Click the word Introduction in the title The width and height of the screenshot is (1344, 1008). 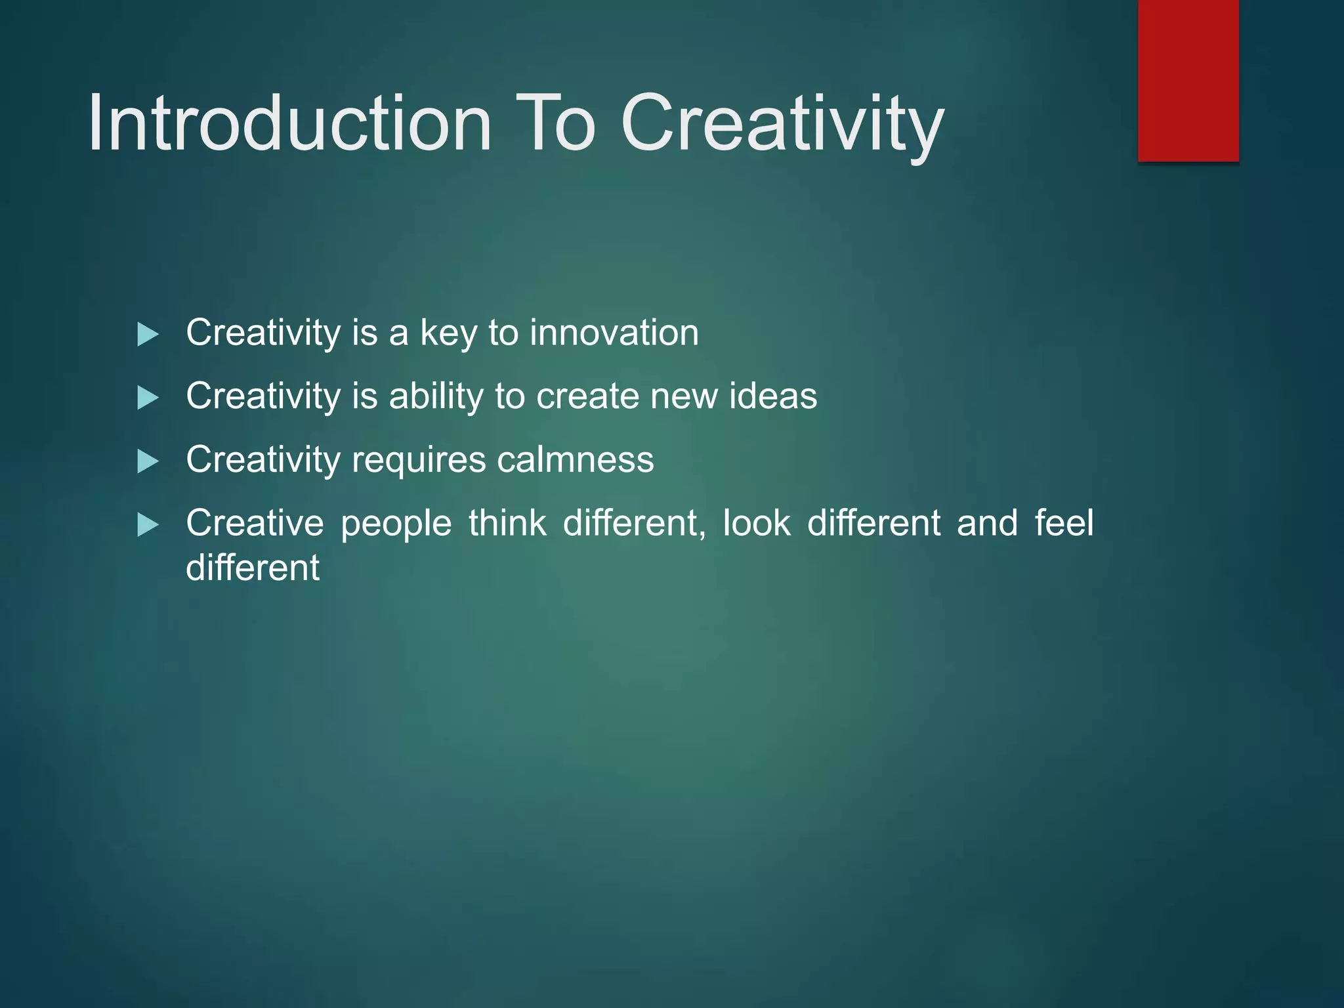point(289,123)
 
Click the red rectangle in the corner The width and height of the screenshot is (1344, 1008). point(1188,80)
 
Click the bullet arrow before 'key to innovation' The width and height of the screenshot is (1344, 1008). point(148,335)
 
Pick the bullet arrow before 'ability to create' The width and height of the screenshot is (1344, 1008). point(148,398)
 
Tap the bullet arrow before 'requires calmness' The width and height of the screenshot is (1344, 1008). point(148,461)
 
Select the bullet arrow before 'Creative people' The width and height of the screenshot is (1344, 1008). point(148,525)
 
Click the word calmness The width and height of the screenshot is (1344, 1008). point(575,459)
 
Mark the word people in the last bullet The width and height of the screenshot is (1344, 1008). point(396,524)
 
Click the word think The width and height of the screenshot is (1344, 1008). point(507,523)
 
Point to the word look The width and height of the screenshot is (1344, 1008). point(756,523)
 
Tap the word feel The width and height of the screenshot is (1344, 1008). point(1064,523)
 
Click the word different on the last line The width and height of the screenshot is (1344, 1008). point(253,568)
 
